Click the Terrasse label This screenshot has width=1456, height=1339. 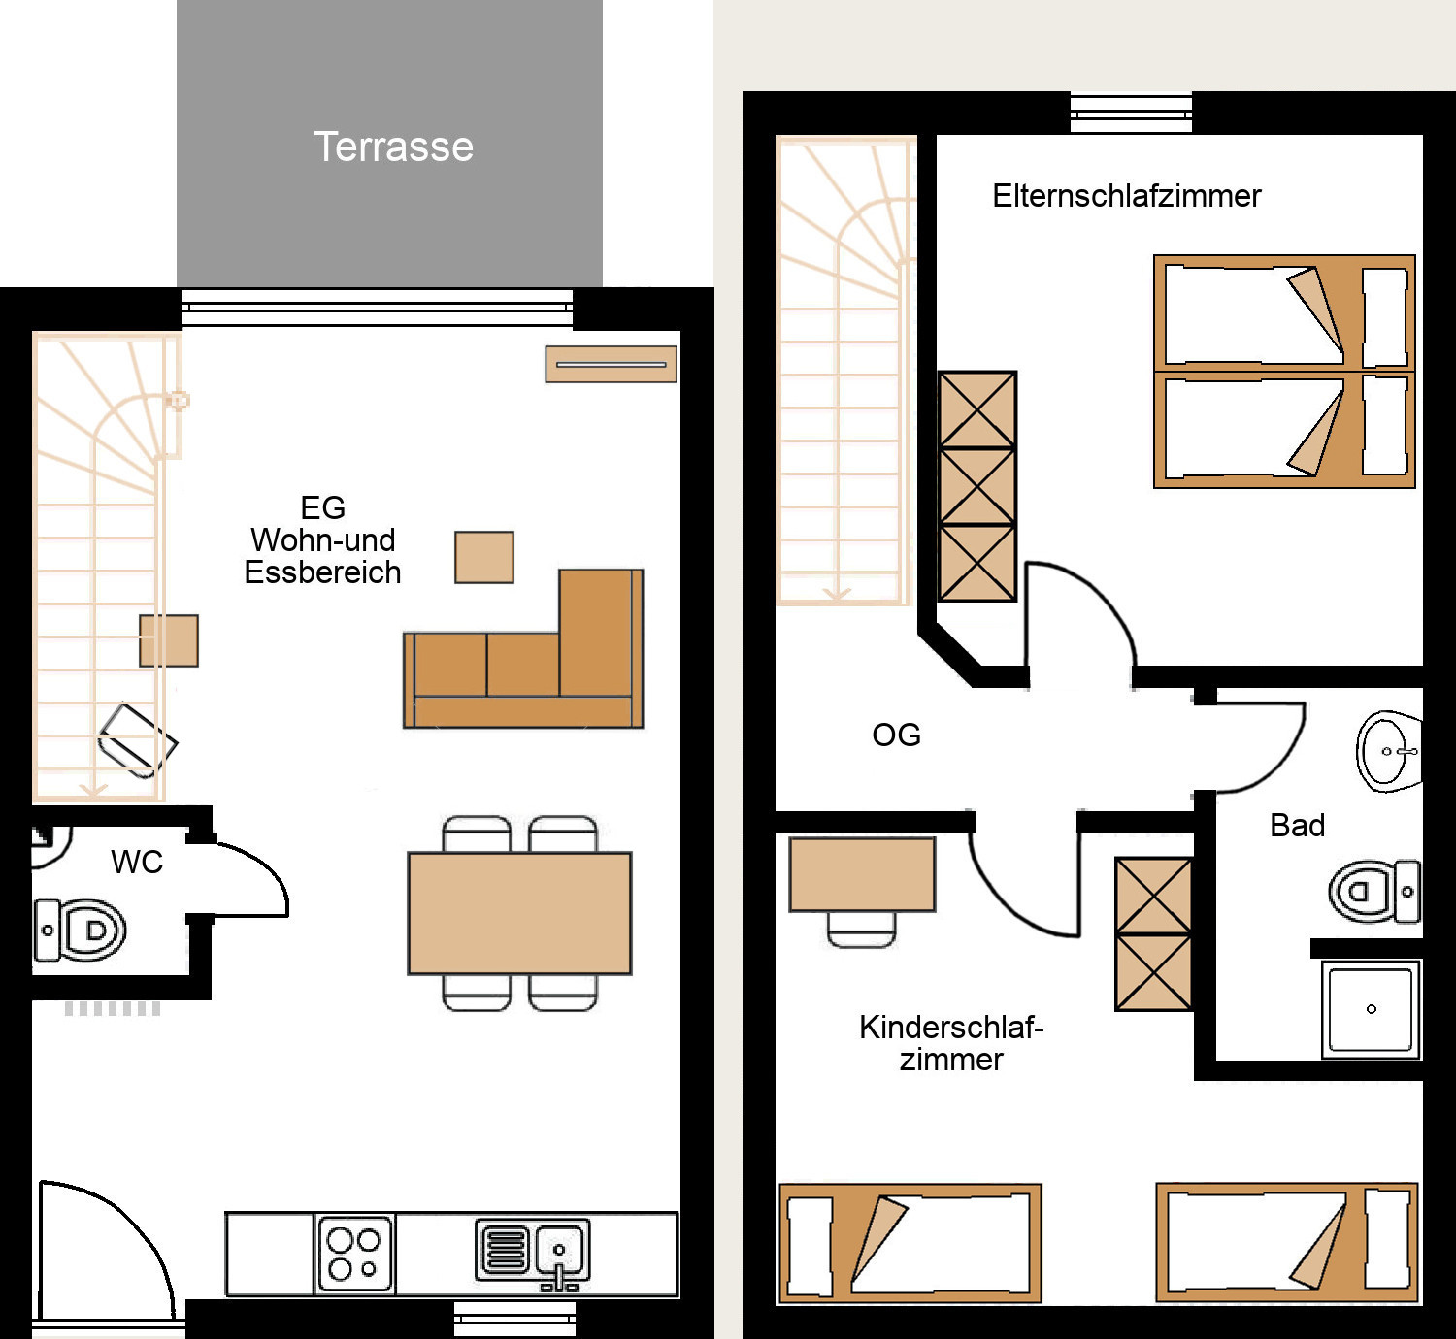(x=393, y=147)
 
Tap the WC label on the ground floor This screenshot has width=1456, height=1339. (x=137, y=863)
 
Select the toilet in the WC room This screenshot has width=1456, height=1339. (x=80, y=931)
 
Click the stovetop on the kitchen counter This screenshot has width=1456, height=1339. (x=354, y=1254)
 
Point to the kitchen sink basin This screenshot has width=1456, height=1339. (x=559, y=1251)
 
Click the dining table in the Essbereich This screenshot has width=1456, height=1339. (x=519, y=913)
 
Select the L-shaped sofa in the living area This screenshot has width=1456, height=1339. (x=523, y=649)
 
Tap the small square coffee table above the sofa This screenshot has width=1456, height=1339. (x=484, y=557)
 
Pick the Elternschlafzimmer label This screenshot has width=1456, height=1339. (x=1127, y=196)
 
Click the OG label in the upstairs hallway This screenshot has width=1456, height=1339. (x=896, y=735)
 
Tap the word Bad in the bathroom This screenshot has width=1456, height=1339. (x=1297, y=825)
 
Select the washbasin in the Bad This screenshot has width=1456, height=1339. (x=1388, y=751)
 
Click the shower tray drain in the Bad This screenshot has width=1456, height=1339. (x=1372, y=1009)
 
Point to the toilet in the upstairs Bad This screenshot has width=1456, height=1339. (x=1374, y=892)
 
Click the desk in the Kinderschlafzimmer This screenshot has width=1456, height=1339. (x=862, y=874)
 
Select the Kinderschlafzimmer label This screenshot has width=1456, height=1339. (x=951, y=1044)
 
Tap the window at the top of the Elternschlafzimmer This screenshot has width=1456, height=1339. (x=1131, y=113)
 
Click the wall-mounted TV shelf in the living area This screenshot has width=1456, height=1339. (x=612, y=364)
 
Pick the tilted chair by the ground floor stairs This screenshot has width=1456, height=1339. (x=138, y=740)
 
